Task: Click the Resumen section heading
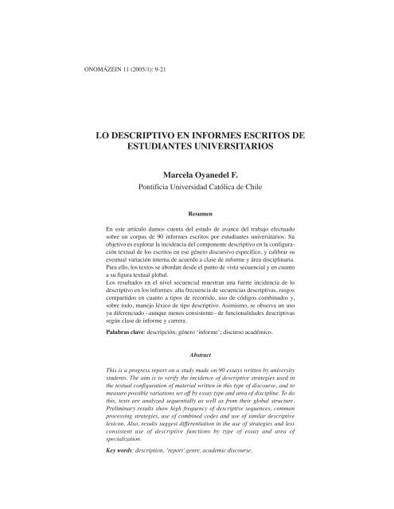pyautogui.click(x=197, y=214)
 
